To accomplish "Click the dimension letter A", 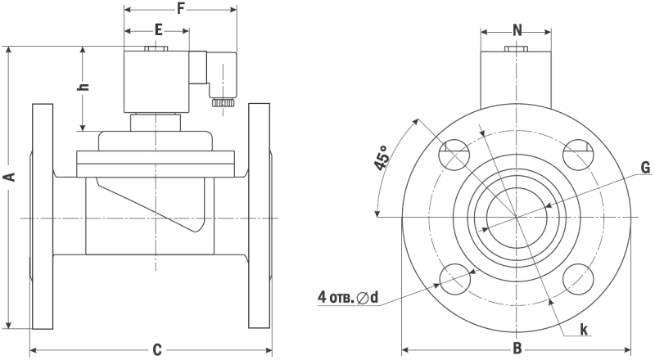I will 9,177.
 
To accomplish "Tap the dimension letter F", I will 180,9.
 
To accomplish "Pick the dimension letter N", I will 517,30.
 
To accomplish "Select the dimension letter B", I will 517,349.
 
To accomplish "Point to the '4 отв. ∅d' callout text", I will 348,296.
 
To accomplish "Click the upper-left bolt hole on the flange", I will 454,155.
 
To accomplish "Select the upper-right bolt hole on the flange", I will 579,155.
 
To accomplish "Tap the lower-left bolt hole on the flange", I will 454,280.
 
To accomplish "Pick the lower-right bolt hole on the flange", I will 579,280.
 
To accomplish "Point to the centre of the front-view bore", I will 517,217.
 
